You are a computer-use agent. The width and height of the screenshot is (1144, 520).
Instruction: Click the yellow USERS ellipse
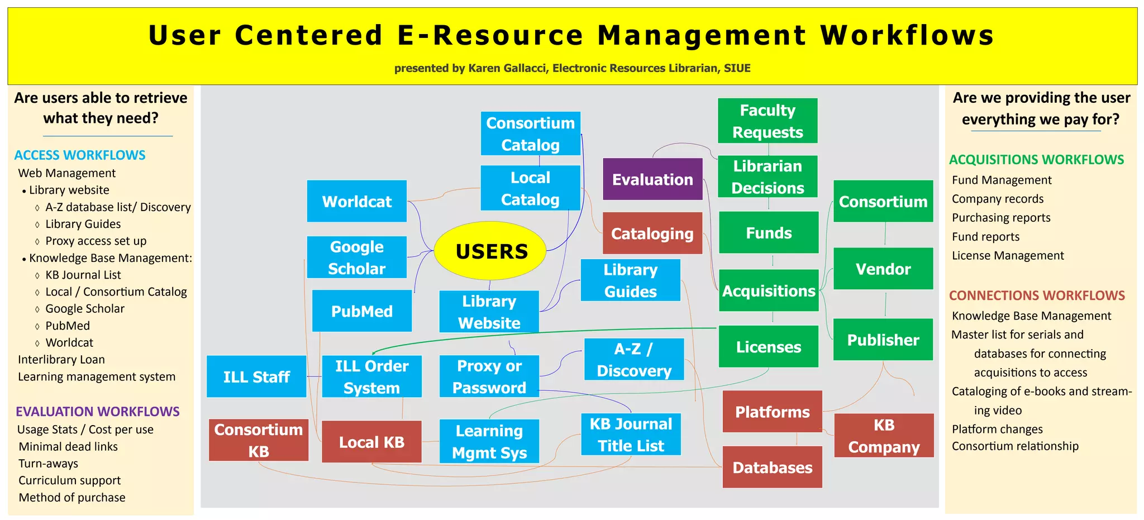pos(490,251)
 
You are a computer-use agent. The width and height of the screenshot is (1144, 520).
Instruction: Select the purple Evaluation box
pos(652,179)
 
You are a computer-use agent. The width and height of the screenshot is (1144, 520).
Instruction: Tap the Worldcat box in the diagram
pos(356,201)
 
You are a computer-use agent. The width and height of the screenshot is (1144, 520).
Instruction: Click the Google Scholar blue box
pos(356,257)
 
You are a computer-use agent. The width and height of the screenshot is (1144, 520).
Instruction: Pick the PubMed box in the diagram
pos(361,311)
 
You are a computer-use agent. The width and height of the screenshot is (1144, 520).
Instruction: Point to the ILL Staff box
pos(256,376)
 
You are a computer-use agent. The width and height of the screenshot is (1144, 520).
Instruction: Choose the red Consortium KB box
pos(259,440)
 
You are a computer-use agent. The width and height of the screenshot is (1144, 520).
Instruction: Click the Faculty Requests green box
pos(768,121)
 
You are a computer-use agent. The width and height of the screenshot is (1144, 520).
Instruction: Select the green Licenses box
pos(768,347)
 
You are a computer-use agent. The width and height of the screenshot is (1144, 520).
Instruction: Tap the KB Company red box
pos(884,436)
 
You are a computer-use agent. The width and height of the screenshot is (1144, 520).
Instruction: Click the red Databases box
pos(772,467)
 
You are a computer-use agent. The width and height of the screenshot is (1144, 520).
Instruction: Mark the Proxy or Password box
pos(489,376)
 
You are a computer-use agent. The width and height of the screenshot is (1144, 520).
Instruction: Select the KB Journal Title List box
pos(631,435)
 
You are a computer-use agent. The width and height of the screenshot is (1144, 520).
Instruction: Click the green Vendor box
pos(883,269)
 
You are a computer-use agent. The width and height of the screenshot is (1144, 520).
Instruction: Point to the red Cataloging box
pos(652,233)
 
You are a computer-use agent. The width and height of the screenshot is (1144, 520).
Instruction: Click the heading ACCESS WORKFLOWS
pos(80,155)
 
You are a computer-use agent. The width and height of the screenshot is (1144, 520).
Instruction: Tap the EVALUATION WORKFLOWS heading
pos(98,412)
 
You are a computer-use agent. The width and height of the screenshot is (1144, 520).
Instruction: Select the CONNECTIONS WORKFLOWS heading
pos(1037,295)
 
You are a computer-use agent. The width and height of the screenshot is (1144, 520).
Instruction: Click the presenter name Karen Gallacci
pos(508,68)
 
